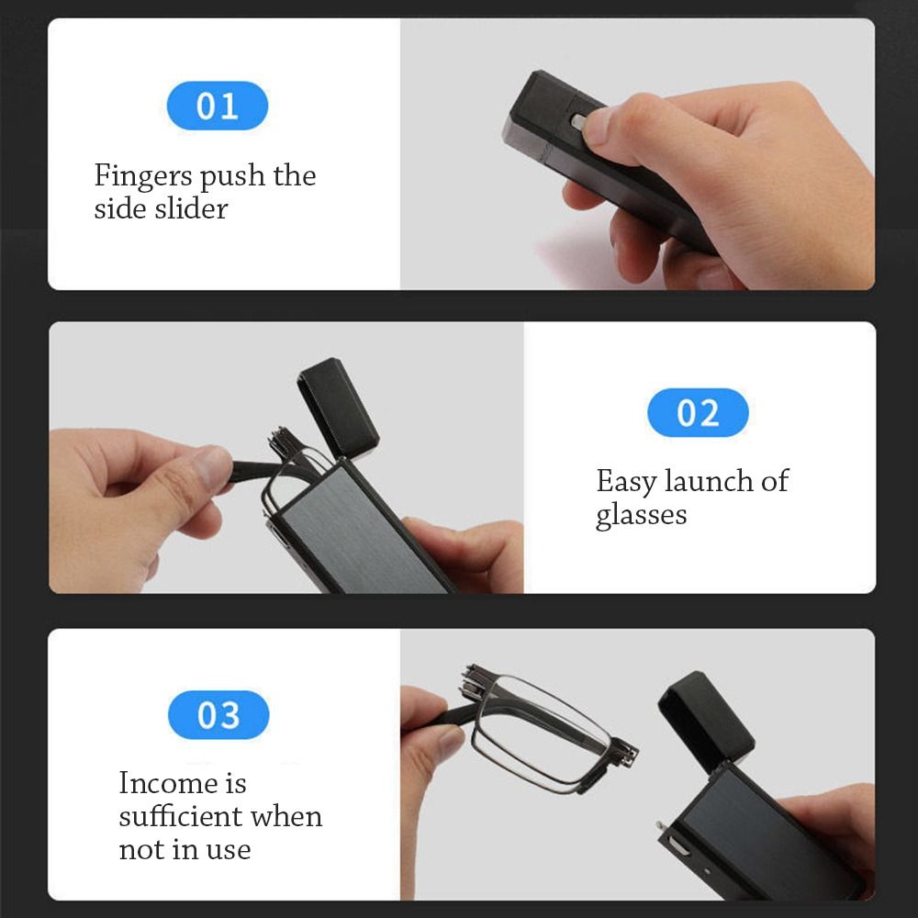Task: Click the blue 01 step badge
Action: coord(217,106)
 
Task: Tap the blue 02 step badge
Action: coord(698,413)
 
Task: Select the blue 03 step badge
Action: coord(218,715)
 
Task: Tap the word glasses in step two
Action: coord(641,514)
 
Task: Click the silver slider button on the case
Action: coord(578,121)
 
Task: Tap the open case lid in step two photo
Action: coord(338,409)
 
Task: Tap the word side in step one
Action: coord(116,208)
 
